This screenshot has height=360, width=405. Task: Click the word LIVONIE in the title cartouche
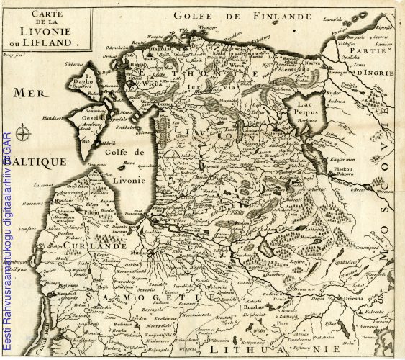click(x=51, y=32)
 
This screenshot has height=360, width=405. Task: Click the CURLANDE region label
click(x=95, y=246)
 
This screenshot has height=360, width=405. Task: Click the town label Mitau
click(x=140, y=253)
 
